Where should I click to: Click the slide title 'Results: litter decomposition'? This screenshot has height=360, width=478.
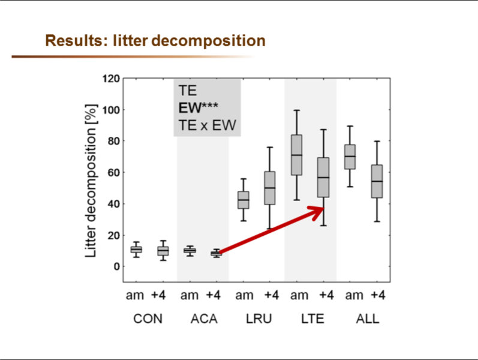point(155,41)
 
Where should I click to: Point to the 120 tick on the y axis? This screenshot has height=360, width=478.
point(111,79)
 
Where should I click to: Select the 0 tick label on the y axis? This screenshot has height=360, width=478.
point(116,266)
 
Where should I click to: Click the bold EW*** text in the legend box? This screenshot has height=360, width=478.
point(198,108)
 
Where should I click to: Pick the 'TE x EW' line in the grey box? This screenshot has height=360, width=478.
point(207,125)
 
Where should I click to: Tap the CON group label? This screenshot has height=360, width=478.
point(148,319)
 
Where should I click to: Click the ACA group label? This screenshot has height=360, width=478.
point(203,319)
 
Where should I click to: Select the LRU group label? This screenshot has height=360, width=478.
point(258,319)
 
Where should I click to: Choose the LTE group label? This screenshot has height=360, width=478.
point(312,319)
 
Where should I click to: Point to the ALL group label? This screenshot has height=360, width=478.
point(367,319)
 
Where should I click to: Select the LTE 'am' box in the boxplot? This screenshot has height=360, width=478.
point(296,155)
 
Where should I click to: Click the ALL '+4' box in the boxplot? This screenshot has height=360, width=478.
point(377,181)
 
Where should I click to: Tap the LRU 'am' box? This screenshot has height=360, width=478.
point(243,200)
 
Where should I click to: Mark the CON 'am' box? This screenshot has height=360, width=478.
point(136,250)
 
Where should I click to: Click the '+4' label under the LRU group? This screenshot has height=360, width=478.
point(272,296)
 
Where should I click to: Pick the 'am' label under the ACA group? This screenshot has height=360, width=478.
point(190,296)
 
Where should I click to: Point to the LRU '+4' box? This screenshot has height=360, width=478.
point(270,188)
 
